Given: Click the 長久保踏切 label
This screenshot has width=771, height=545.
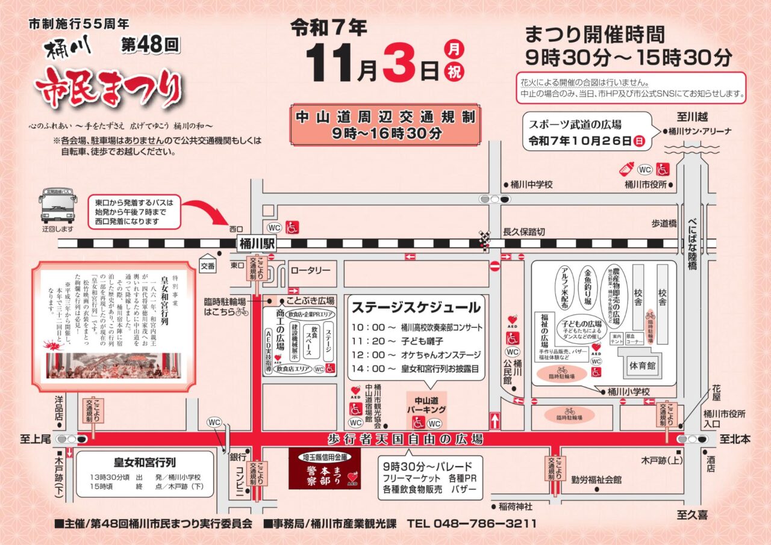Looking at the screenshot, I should click(524, 232).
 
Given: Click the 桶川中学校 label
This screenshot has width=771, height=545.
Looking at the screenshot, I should click(531, 185).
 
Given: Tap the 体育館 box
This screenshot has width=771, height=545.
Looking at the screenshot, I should click(645, 365).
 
